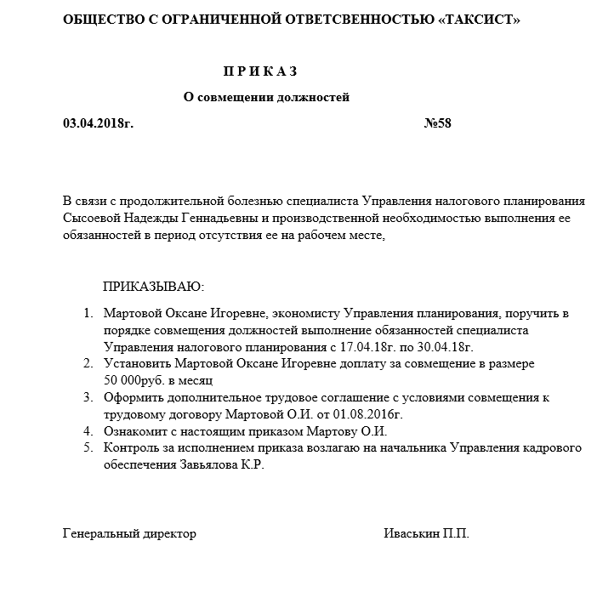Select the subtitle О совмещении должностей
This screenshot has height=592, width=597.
(267, 97)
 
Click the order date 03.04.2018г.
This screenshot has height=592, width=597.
(99, 123)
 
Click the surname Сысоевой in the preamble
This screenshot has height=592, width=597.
(92, 219)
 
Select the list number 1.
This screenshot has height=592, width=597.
(88, 314)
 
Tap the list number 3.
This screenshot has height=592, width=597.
(88, 397)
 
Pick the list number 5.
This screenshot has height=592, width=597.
(88, 447)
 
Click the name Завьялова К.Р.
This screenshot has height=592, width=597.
(223, 464)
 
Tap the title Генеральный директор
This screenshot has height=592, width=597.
(129, 533)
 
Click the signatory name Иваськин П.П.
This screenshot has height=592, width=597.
(426, 533)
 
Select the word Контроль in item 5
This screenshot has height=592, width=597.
(129, 447)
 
